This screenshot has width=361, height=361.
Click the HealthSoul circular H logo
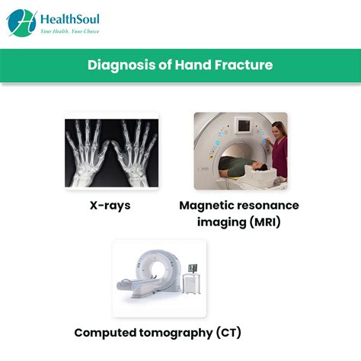[x=22, y=23]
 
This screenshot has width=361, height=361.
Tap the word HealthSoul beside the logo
[x=70, y=19]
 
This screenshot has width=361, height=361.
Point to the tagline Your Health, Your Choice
[x=70, y=31]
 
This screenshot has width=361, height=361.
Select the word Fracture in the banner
[x=244, y=65]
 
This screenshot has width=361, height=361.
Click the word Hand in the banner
[x=193, y=65]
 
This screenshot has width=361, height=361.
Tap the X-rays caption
[x=110, y=206]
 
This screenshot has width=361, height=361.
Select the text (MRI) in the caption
[x=265, y=222]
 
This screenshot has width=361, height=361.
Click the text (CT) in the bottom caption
[x=228, y=333]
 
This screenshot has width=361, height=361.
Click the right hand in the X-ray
[x=136, y=152]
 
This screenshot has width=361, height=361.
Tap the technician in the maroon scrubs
[x=279, y=150]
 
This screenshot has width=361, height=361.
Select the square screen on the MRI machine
[x=244, y=125]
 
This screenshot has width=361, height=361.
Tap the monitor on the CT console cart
[x=193, y=268]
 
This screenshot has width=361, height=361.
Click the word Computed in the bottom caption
[x=105, y=333]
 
